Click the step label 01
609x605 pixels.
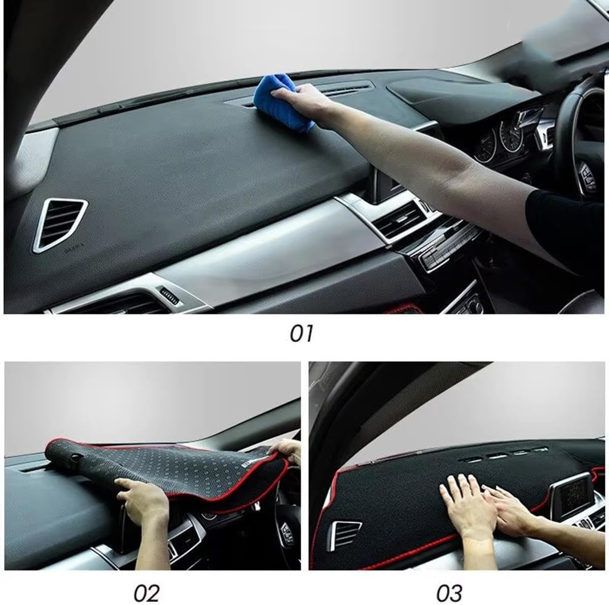[x=301, y=334]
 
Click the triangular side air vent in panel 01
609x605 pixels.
[x=60, y=224]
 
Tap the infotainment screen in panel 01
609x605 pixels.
[x=387, y=183]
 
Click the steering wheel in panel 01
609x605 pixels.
[x=580, y=132]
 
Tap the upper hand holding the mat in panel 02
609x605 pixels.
[x=287, y=450]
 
